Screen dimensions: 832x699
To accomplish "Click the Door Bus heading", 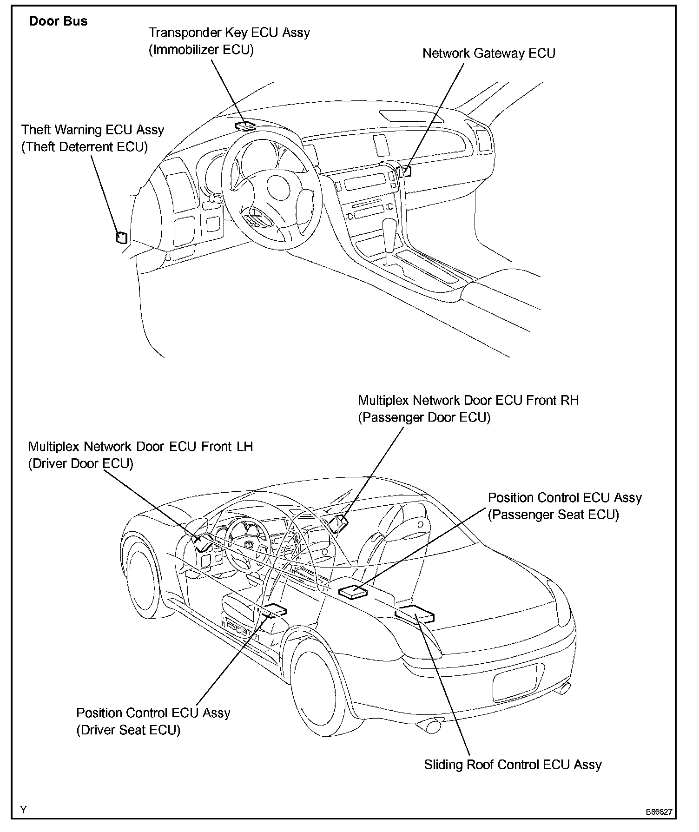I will (58, 21).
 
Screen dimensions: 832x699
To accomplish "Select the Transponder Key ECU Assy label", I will (229, 33).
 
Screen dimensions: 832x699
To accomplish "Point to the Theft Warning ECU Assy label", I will (92, 130).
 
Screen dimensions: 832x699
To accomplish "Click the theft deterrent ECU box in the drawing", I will (122, 237).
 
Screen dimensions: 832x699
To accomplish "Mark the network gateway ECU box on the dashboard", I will (406, 171).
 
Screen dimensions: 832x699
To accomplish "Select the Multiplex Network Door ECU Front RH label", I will (468, 400).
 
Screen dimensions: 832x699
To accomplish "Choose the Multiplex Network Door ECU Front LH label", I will (140, 447).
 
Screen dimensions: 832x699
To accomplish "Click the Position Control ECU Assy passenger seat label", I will (564, 498).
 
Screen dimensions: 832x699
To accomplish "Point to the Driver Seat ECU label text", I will (128, 730).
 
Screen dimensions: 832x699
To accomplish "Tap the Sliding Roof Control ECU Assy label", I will (513, 765).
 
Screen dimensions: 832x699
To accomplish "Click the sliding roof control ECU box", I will (415, 614).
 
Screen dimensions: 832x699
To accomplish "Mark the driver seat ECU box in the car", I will (274, 609).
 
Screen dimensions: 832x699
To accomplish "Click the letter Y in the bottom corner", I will (24, 809).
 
